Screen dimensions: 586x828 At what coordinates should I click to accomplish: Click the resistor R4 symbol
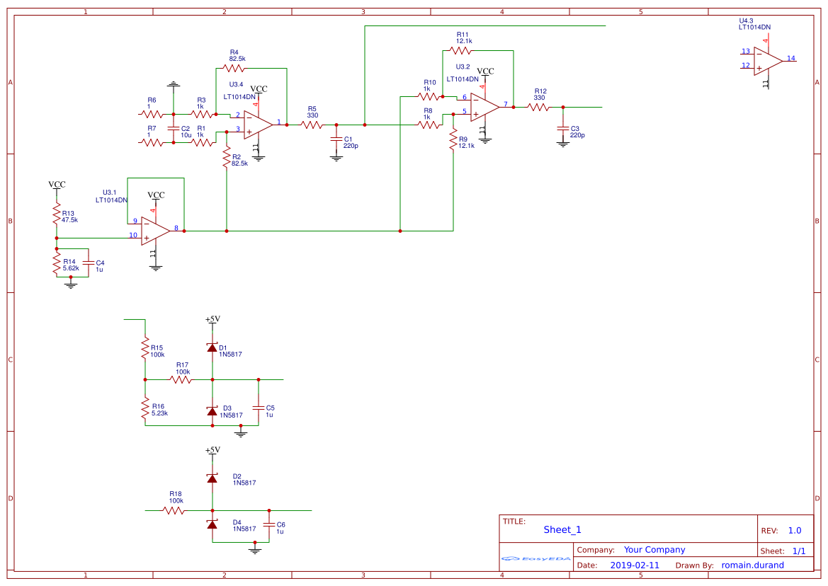[x=234, y=69]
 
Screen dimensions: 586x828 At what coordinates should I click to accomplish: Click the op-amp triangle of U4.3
[x=767, y=62]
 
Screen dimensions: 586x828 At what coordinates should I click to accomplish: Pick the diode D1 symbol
[x=212, y=347]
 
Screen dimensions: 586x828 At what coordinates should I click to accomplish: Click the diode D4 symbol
[x=212, y=524]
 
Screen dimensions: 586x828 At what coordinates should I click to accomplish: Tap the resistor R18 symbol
[x=174, y=510]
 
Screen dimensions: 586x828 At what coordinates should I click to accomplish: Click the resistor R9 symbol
[x=453, y=140]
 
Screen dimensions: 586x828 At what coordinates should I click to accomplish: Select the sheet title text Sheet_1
[x=562, y=529]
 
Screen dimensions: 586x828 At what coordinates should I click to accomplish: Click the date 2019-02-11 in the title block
[x=635, y=565]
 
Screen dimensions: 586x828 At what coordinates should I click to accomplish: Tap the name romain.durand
[x=752, y=565]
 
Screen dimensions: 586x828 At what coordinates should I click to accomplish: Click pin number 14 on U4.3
[x=790, y=58]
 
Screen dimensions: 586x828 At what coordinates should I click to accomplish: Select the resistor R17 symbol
[x=181, y=380]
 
